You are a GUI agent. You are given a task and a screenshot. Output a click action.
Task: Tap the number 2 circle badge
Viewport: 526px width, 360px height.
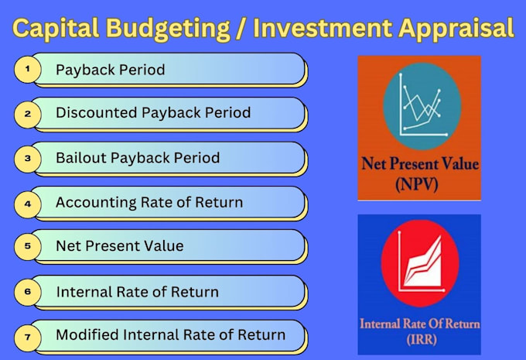point(28,114)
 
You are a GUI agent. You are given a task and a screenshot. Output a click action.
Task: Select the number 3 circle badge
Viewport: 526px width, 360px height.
point(28,158)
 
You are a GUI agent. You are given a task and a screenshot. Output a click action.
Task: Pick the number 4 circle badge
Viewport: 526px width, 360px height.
point(28,203)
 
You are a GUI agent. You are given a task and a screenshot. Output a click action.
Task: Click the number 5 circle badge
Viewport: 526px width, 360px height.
point(28,246)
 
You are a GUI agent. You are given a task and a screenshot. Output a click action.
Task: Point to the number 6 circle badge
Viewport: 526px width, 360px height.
point(28,292)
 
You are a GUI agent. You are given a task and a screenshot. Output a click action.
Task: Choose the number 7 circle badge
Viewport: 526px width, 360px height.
point(28,336)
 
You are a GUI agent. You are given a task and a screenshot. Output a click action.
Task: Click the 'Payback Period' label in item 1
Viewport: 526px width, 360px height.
point(110,70)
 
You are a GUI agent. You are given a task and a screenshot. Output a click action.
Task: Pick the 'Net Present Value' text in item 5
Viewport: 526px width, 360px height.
point(119,246)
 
